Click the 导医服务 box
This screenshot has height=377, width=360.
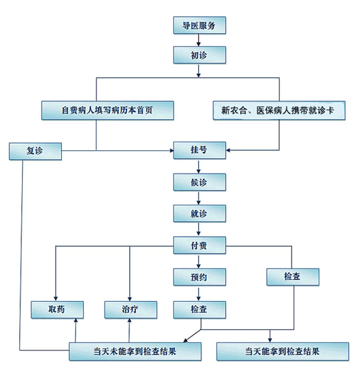pyautogui.click(x=200, y=25)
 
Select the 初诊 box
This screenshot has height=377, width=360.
pyautogui.click(x=200, y=55)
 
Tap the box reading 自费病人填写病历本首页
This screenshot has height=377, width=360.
pyautogui.click(x=108, y=110)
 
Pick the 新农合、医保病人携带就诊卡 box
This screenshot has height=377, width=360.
pyautogui.click(x=279, y=110)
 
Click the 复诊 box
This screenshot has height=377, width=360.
pyautogui.click(x=35, y=151)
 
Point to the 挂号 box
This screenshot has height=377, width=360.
pyautogui.click(x=200, y=150)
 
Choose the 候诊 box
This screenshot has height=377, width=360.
pyautogui.click(x=200, y=182)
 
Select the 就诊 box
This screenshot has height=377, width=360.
pyautogui.click(x=200, y=213)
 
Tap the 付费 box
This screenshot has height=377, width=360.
pyautogui.click(x=200, y=245)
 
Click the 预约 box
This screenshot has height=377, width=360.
pyautogui.click(x=200, y=277)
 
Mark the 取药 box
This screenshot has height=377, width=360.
pyautogui.click(x=57, y=310)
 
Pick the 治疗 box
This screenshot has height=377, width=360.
pyautogui.click(x=130, y=310)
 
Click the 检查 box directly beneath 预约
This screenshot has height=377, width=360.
pyautogui.click(x=200, y=310)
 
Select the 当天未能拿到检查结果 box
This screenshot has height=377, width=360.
pyautogui.click(x=135, y=352)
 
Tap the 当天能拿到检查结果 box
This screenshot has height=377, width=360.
pyautogui.click(x=283, y=352)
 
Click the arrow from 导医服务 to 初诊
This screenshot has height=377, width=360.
pyautogui.click(x=198, y=40)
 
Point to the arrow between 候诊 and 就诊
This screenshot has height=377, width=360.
pyautogui.click(x=198, y=198)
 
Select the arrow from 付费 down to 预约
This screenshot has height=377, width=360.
pyautogui.click(x=198, y=261)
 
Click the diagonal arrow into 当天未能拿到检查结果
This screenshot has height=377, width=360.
pyautogui.click(x=192, y=336)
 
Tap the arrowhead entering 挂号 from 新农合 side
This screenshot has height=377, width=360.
pyautogui.click(x=228, y=150)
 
